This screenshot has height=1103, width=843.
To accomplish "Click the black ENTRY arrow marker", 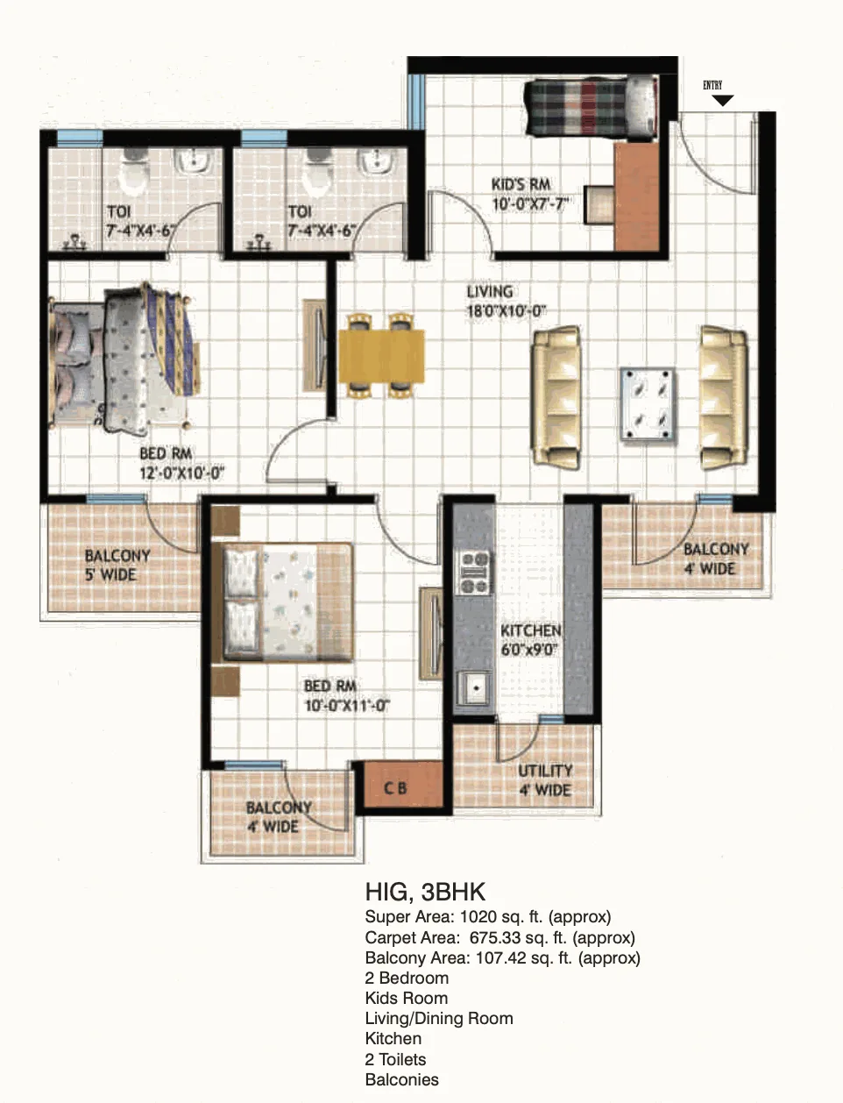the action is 723,100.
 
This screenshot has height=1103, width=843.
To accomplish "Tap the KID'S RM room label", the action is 521,184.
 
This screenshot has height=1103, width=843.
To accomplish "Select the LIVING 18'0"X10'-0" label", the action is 507,302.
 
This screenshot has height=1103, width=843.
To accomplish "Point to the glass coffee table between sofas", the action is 648,404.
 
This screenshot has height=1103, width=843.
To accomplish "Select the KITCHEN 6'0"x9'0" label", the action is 531,640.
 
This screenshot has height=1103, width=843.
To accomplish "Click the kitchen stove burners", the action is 474,573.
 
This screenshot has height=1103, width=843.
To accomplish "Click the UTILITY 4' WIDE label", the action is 545,780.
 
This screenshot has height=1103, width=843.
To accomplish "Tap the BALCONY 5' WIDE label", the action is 117,566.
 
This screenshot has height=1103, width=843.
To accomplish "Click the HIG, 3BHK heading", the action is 425,892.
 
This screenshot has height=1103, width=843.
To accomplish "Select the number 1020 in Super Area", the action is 478,917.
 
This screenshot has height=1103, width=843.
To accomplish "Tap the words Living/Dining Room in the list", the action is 439,1019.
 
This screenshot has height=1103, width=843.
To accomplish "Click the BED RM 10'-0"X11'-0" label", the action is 347,695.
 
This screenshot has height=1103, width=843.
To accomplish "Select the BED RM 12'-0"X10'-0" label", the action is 181,463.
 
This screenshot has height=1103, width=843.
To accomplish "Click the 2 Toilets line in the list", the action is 395,1059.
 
